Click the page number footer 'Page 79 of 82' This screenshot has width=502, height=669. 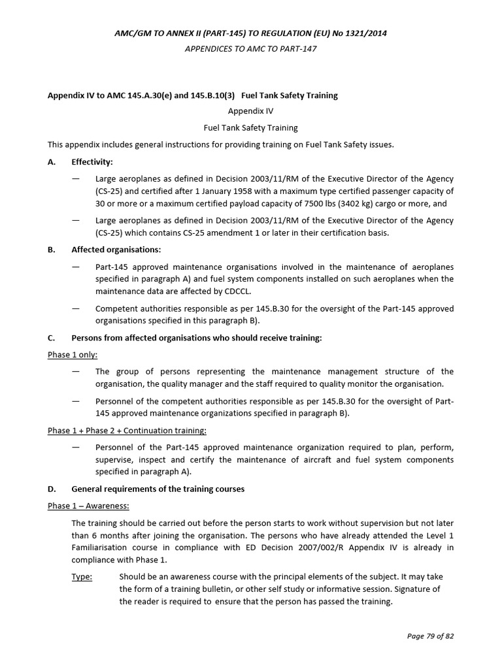[x=426, y=636]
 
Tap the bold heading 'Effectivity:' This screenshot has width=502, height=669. [x=92, y=161]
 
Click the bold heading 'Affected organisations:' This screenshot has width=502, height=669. [x=116, y=250]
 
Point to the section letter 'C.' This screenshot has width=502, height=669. [x=52, y=338]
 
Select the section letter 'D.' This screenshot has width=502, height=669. [x=52, y=489]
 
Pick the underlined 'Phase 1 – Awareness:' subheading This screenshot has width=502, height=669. [x=88, y=506]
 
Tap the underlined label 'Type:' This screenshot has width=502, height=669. [x=82, y=577]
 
